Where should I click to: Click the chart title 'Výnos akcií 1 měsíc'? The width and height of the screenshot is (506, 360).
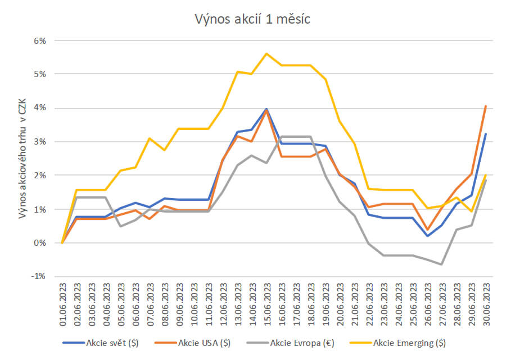point(252,19)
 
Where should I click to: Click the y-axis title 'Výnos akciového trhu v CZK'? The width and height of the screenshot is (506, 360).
point(23,159)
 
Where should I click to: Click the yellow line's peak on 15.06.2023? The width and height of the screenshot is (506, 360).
point(266,53)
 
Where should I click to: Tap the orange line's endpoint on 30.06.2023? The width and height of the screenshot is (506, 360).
point(486,106)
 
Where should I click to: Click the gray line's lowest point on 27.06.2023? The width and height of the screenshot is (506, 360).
point(442,264)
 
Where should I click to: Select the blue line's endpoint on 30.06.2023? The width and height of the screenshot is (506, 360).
point(486,134)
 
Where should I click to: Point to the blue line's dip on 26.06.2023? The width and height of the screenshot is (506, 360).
point(427,236)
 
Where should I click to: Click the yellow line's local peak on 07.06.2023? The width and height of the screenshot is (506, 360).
point(150,138)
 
